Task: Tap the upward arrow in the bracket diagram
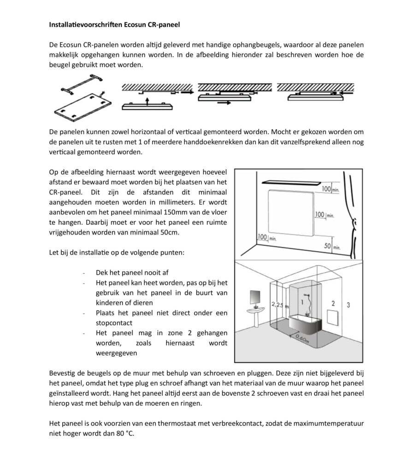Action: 147,100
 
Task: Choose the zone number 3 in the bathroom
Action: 348,305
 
